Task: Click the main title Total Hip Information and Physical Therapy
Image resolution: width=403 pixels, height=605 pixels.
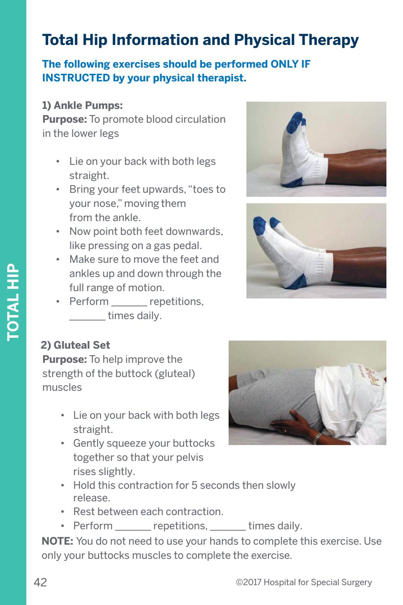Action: (200, 40)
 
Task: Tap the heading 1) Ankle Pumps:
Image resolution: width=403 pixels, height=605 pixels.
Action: (83, 106)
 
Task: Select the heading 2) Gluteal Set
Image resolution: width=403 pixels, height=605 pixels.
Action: (76, 345)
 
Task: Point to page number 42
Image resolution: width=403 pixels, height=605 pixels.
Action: (40, 583)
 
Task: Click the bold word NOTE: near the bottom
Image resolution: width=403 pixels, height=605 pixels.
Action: (58, 541)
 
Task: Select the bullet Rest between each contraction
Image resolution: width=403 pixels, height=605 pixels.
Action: (148, 511)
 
